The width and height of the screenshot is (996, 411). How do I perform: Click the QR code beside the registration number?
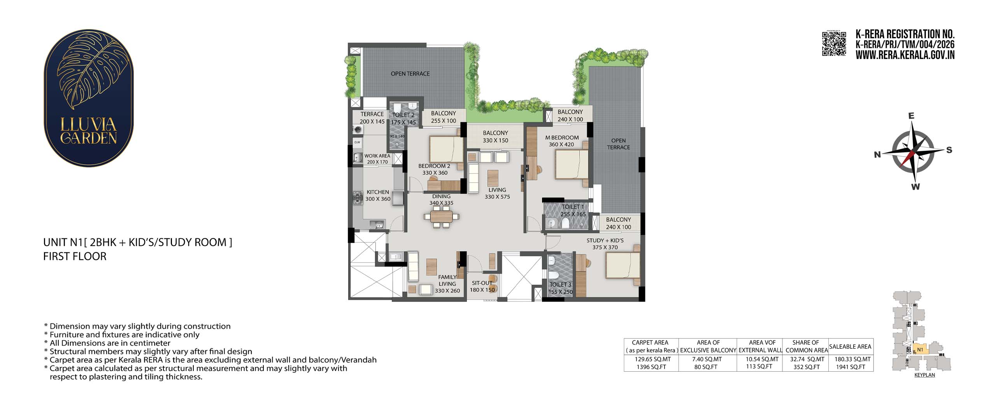click(834, 44)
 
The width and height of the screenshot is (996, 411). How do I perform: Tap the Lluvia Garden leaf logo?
click(89, 98)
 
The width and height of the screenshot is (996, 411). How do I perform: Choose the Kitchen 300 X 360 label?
click(378, 196)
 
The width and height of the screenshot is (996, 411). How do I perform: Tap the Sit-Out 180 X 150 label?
click(482, 286)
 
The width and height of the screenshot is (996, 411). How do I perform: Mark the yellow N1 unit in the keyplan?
click(920, 349)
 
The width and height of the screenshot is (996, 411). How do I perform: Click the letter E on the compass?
click(911, 116)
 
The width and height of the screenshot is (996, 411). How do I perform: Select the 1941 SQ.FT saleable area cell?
click(851, 367)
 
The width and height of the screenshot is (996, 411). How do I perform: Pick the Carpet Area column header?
click(650, 346)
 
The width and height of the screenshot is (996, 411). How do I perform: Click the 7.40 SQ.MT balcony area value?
click(707, 359)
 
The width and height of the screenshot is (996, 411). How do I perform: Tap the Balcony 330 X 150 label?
click(495, 137)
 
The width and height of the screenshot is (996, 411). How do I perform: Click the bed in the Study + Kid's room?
click(623, 266)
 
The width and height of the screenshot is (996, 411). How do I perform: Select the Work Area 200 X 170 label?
click(377, 159)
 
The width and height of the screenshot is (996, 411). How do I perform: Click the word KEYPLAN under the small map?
click(924, 375)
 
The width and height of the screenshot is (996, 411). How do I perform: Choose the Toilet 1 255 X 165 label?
click(573, 210)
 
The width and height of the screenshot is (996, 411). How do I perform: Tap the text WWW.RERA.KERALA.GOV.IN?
click(905, 55)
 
